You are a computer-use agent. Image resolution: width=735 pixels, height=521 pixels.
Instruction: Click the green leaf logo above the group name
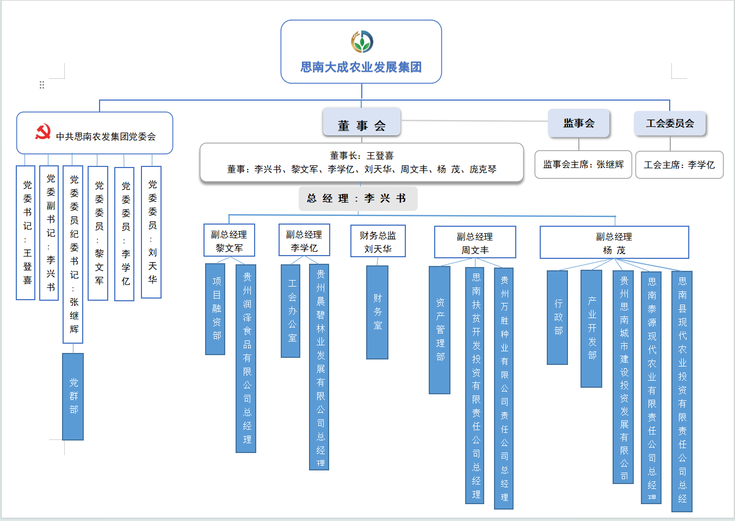[362, 41]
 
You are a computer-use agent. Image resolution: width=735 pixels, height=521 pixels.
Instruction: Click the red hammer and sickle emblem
[43, 132]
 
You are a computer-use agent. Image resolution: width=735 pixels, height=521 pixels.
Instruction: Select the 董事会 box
[362, 122]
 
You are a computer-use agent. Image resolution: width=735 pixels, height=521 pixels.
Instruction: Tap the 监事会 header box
[579, 123]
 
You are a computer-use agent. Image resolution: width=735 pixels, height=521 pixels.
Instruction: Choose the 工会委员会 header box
[670, 123]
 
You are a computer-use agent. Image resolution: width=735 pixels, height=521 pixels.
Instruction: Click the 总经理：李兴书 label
[358, 199]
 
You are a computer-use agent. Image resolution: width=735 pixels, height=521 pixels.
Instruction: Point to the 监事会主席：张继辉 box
[583, 164]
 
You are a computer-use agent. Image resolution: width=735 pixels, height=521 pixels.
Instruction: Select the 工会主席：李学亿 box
[679, 165]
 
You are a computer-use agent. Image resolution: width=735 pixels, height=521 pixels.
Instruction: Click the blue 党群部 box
[73, 396]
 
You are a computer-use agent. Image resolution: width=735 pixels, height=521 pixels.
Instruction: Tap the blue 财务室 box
[377, 312]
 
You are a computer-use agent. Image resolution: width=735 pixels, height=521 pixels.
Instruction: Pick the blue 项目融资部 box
[216, 309]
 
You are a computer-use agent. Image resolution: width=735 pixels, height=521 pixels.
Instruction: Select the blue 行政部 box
[558, 317]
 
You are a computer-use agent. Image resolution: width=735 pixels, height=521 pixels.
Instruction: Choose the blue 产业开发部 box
[592, 328]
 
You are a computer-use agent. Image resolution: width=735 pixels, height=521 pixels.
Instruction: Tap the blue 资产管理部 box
[440, 330]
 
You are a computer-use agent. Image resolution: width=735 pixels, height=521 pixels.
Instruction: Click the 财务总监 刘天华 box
[378, 241]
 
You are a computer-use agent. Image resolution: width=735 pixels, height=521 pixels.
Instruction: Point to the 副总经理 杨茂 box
[614, 243]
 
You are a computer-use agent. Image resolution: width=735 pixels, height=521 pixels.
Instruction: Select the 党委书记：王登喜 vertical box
[26, 233]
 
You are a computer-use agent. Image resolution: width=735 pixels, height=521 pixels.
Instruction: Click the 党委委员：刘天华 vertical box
[151, 232]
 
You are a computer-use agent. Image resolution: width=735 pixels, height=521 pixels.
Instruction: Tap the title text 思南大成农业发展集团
[361, 67]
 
